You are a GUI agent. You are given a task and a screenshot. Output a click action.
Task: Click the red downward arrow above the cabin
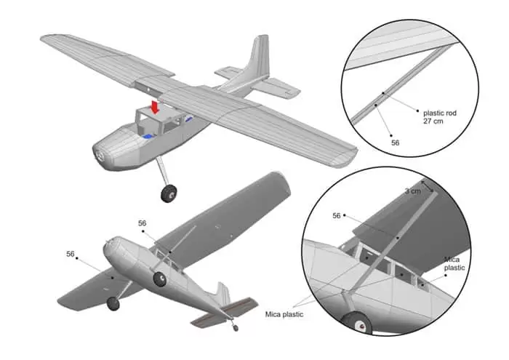click(x=154, y=106)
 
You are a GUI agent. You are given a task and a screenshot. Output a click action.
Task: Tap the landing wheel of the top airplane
click(x=169, y=193)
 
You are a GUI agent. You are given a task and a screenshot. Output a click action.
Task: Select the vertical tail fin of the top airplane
click(x=255, y=61)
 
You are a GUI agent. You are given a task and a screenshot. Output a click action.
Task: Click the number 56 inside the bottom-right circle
click(x=336, y=216)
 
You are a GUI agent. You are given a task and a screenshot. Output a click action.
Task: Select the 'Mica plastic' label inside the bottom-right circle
click(x=454, y=263)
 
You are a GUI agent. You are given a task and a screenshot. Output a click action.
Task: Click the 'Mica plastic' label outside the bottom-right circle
click(x=285, y=314)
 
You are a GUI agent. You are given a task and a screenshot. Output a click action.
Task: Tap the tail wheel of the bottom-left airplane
click(x=235, y=327)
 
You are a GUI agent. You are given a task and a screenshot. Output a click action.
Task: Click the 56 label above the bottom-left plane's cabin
click(x=142, y=223)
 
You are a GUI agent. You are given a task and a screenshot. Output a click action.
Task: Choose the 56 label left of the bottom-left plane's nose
click(x=71, y=254)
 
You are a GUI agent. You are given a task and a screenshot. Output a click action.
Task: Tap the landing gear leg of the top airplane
click(x=163, y=172)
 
